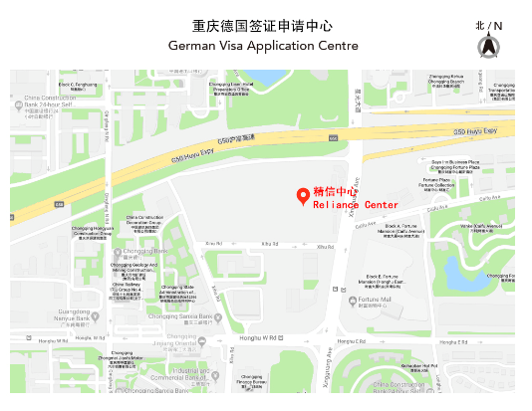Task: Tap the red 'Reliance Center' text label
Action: [356, 204]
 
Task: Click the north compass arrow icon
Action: [488, 46]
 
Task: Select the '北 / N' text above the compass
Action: [488, 25]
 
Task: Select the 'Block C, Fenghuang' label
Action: [79, 86]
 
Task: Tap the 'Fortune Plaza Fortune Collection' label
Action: [436, 183]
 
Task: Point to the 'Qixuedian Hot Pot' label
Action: [447, 367]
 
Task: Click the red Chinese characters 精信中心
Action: [335, 191]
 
